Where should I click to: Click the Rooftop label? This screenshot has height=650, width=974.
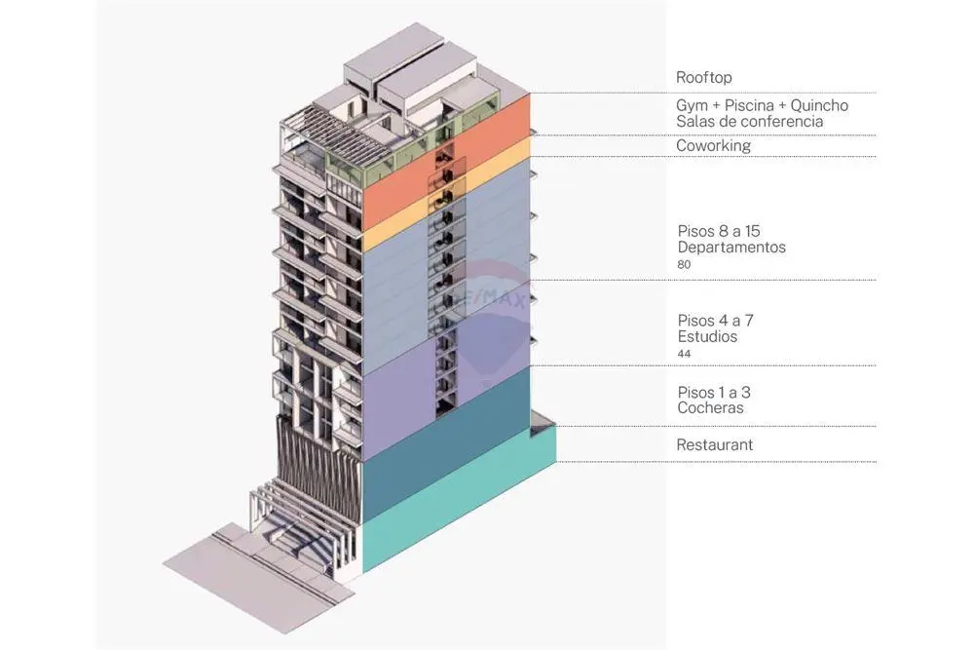point(704,78)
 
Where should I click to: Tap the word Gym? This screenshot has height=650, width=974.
point(692,105)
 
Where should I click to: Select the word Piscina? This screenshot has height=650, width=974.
point(748,105)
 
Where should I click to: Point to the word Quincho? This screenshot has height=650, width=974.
point(819,105)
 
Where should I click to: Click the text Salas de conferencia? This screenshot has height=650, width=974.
point(750,122)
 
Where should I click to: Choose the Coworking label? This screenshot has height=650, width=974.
point(713,146)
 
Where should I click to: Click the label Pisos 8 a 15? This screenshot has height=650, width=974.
point(719,231)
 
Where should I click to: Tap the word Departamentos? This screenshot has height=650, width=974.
point(731,248)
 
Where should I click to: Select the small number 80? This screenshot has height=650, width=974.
point(684,265)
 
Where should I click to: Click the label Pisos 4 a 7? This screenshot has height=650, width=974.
point(716,321)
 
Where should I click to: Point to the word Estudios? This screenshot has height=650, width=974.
point(707,337)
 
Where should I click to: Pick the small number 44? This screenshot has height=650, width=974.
point(684,354)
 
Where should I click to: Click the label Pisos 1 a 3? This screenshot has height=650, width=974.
point(714,393)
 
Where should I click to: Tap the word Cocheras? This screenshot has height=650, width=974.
point(711,408)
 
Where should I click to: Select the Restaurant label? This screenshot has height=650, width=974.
point(714,445)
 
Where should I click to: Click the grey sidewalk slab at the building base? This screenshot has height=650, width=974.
point(248,578)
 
